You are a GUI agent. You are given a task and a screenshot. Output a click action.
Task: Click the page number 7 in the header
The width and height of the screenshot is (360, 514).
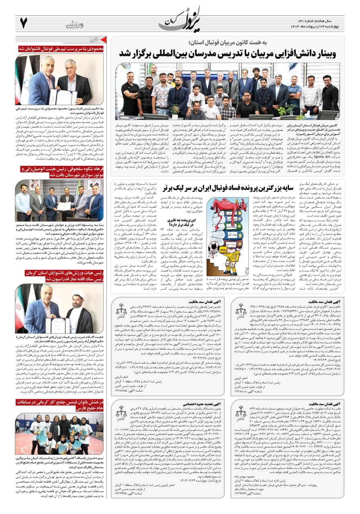(23, 23)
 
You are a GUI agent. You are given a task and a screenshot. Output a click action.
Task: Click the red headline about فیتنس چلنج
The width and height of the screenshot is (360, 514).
(60, 405)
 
